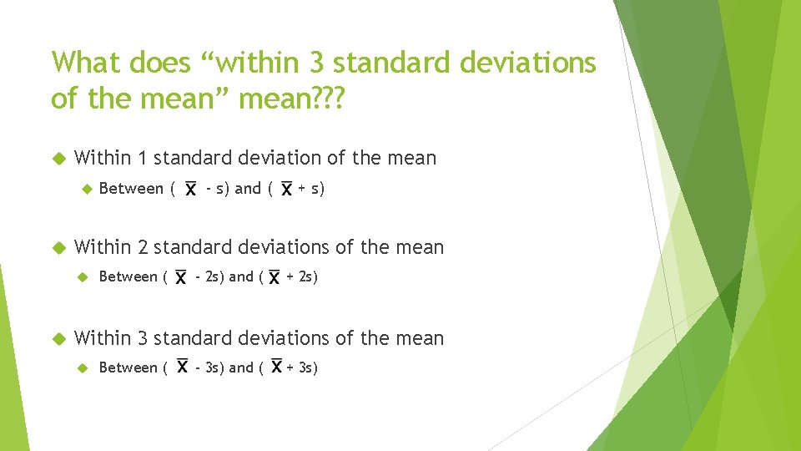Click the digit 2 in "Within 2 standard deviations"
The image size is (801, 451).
click(143, 247)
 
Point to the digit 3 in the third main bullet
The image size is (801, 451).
click(143, 338)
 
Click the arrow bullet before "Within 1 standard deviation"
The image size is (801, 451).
click(58, 158)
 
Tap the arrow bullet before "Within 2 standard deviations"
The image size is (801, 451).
click(58, 247)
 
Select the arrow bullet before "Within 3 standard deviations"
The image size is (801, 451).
click(58, 338)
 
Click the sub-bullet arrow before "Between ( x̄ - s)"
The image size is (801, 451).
click(83, 189)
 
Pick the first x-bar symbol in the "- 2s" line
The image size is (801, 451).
click(180, 277)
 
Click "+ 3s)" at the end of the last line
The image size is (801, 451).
click(302, 367)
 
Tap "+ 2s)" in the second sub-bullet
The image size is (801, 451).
click(302, 276)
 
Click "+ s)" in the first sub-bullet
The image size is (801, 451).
click(311, 189)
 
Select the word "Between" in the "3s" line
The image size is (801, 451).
click(128, 367)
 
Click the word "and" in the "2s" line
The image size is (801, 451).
click(240, 276)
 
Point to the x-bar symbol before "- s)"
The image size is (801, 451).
click(191, 190)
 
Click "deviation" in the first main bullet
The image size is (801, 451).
click(285, 158)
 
